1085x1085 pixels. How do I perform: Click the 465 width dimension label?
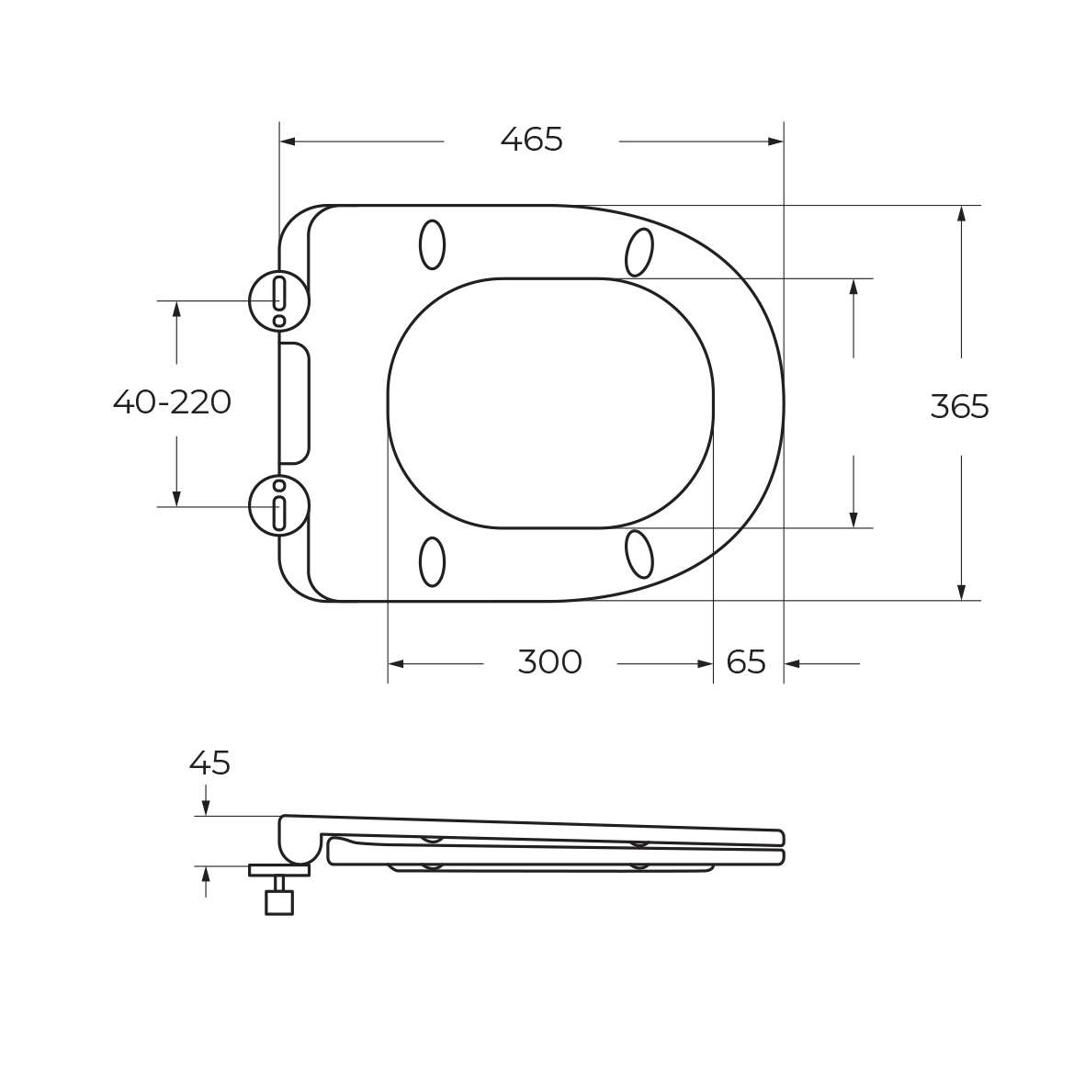531,140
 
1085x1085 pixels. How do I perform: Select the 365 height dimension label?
960,406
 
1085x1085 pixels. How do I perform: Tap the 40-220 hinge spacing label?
173,402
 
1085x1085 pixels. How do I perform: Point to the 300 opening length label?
550,662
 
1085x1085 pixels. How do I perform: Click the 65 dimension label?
746,662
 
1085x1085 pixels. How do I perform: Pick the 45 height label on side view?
209,763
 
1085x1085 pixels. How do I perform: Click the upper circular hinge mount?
279,301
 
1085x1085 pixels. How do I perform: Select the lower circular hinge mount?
279,506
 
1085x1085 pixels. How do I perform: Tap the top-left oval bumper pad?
433,244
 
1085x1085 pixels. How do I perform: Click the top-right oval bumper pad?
639,252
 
